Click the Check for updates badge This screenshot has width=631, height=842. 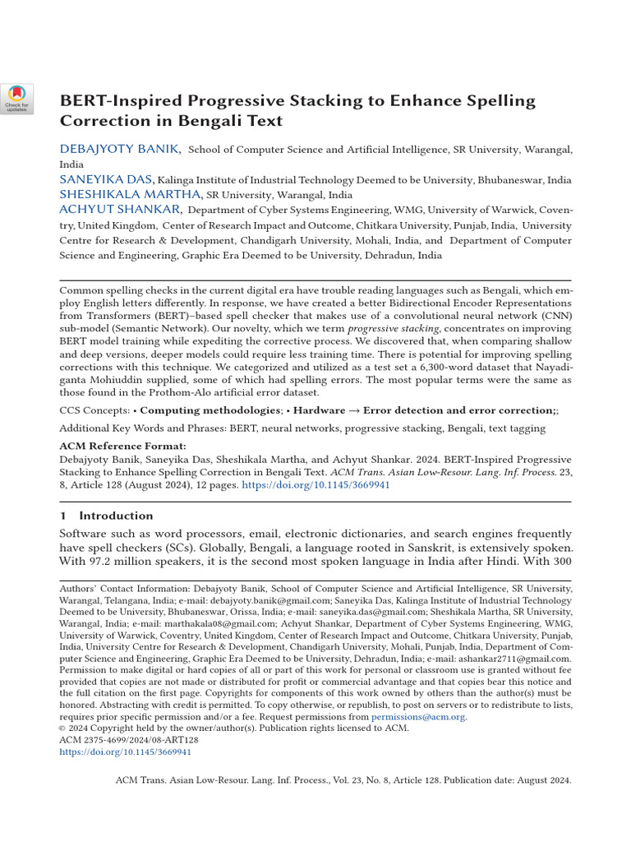17,99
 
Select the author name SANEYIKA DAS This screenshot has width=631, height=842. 106,179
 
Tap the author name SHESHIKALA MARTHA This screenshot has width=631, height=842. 130,194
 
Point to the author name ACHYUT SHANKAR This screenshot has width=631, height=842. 120,210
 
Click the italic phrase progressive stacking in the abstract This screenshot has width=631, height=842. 384,329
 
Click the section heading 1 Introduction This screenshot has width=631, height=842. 106,516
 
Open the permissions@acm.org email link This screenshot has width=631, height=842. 418,717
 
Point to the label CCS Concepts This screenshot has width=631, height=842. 94,409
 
